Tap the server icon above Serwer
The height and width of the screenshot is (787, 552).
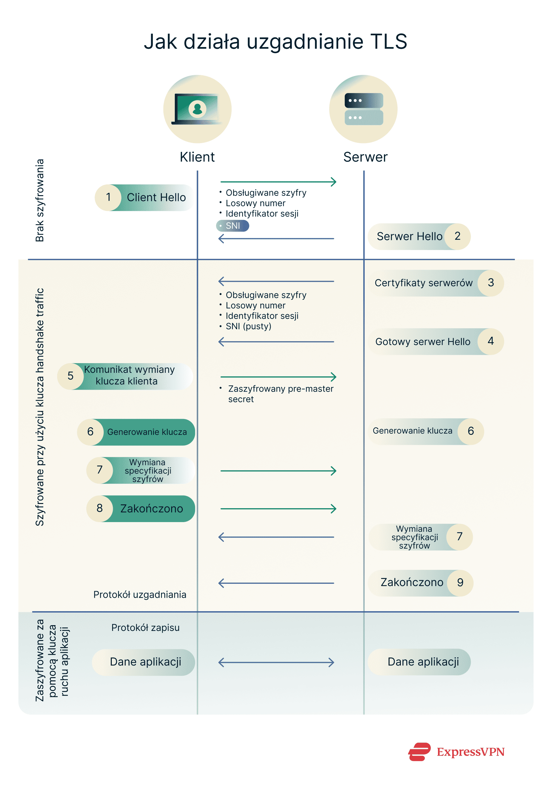pos(364,109)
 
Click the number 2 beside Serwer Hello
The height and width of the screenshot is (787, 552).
pos(457,236)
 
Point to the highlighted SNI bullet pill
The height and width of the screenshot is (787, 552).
pos(233,226)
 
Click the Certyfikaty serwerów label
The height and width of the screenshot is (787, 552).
pos(423,283)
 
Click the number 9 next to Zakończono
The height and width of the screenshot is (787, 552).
pos(460,582)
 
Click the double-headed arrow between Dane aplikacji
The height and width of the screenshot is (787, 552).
pos(276,662)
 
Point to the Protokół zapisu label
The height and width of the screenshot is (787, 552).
pos(145,628)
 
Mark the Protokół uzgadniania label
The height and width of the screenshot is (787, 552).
pos(140,595)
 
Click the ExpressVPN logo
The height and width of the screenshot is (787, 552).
pos(456,752)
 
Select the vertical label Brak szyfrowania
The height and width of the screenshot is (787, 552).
pos(40,201)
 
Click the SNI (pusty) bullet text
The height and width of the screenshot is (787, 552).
pos(248,326)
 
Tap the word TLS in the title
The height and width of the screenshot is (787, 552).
pos(389,42)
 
